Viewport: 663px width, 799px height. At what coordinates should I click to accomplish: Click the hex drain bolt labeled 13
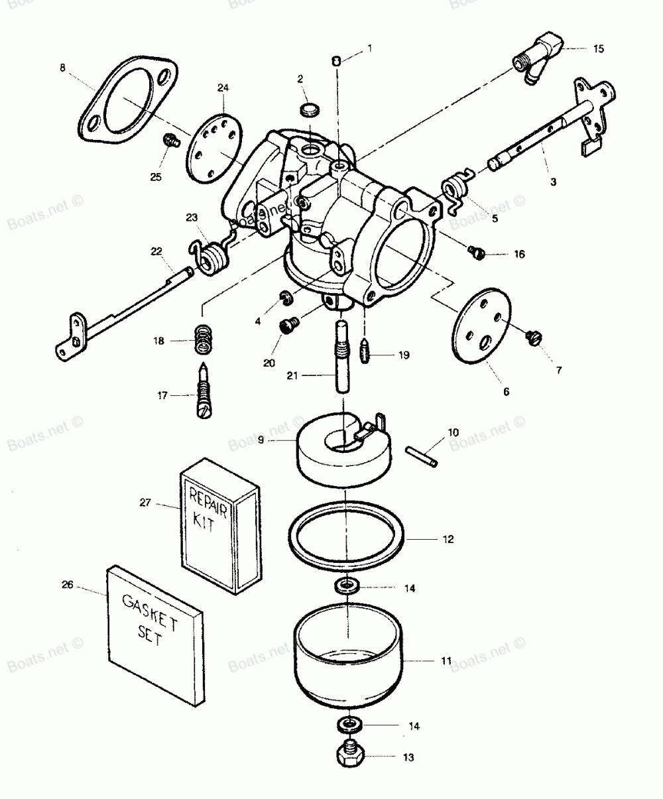click(351, 755)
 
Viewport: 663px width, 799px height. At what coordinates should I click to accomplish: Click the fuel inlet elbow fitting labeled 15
click(538, 58)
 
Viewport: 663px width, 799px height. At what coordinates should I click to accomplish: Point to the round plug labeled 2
click(310, 110)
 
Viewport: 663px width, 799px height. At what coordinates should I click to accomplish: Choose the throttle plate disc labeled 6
click(481, 326)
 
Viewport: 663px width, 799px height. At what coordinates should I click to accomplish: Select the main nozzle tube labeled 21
click(342, 356)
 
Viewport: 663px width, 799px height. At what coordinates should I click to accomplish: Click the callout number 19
click(404, 355)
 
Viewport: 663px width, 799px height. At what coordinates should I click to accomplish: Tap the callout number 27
click(145, 503)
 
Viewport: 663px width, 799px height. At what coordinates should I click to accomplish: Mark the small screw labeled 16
click(477, 252)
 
